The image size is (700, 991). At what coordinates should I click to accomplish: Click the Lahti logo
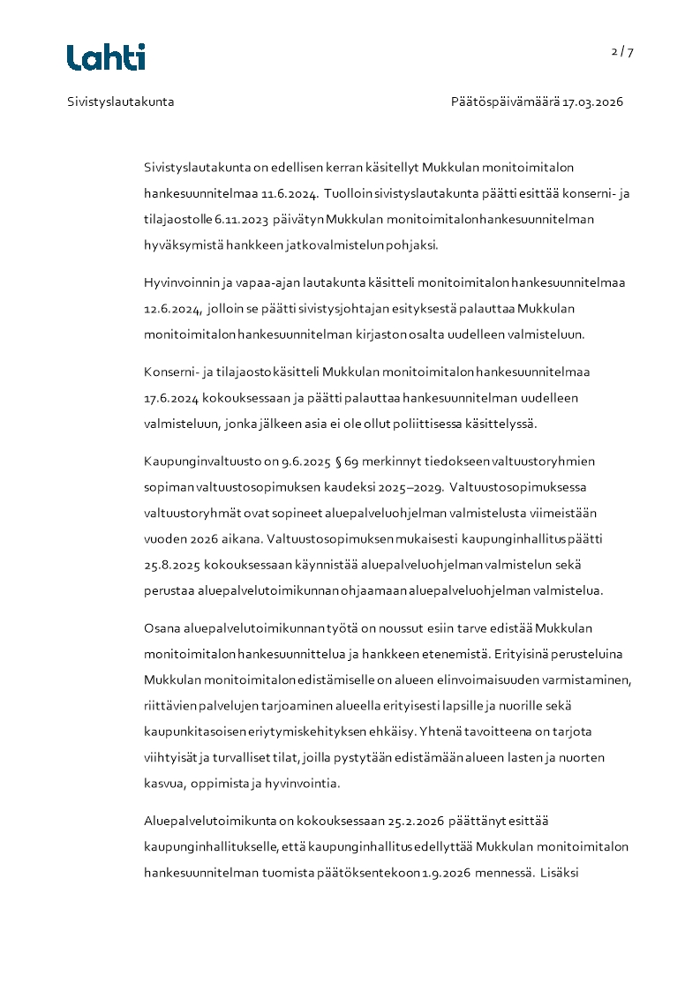(106, 57)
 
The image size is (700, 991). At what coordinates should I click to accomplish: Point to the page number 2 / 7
(622, 52)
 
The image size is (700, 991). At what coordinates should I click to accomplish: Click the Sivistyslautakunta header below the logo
(121, 101)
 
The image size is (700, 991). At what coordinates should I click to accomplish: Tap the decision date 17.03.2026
(593, 101)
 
